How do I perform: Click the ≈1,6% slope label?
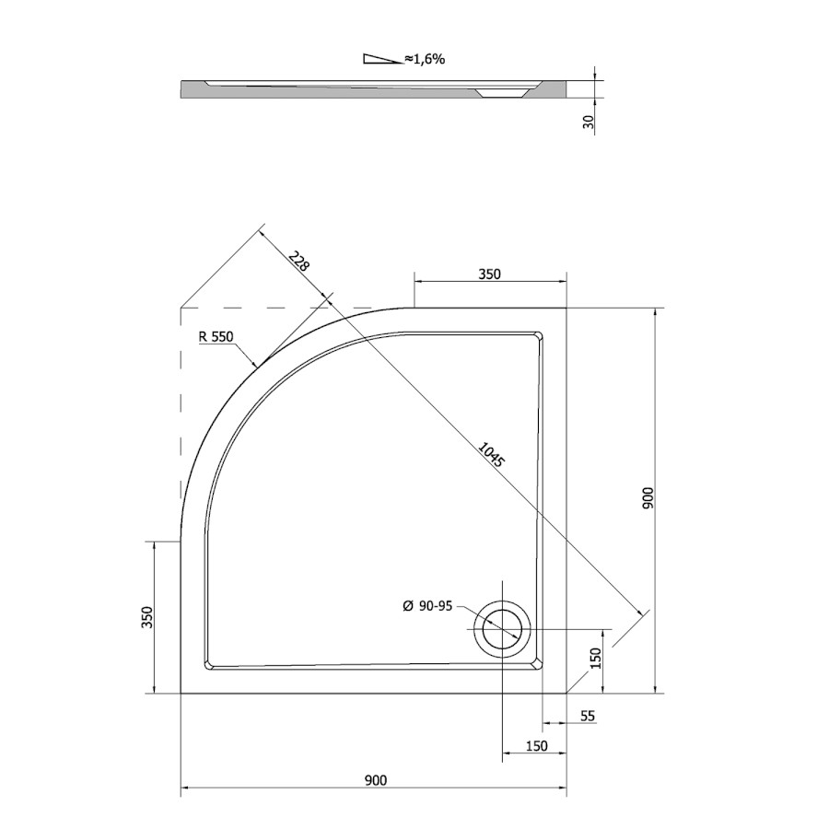point(425,59)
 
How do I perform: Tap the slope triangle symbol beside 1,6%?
point(382,59)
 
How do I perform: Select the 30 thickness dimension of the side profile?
point(590,123)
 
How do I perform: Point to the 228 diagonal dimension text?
point(298,260)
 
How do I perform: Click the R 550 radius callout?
point(216,336)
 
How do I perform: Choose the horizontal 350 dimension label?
point(489,274)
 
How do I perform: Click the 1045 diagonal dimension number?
point(492,454)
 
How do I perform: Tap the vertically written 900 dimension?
point(648,498)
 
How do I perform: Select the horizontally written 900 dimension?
point(376,780)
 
